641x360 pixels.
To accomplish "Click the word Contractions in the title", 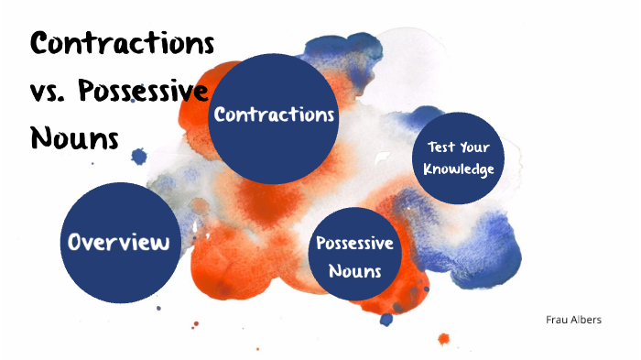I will point(123,42).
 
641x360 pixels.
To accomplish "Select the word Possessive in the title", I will point(144,92).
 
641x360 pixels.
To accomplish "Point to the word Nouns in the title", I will point(75,138).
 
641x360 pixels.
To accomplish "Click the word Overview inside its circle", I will point(120,243).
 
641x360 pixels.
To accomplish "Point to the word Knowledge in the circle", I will point(460,169).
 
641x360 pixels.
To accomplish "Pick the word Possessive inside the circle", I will point(354,244).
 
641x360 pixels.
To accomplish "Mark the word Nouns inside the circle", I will point(354,271).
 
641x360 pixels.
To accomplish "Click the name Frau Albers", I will point(572,320).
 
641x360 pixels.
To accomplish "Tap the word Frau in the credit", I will point(555,320).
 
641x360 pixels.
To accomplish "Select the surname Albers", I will point(585,320).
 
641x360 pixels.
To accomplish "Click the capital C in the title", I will point(44,42).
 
